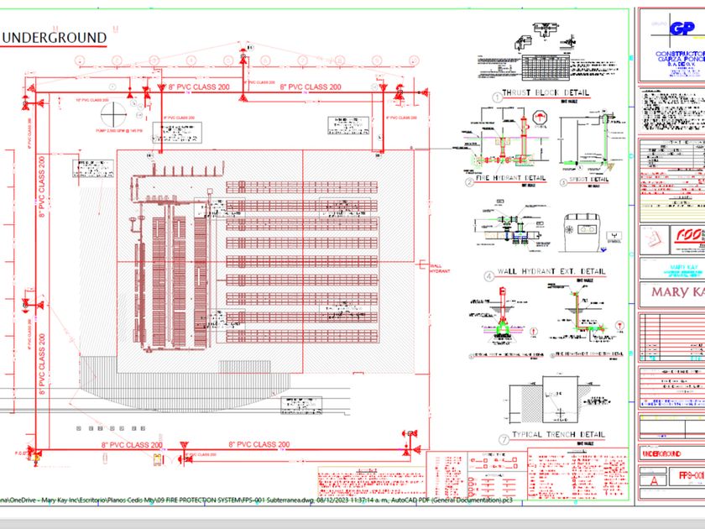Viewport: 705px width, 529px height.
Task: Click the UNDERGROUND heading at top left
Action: pyautogui.click(x=56, y=38)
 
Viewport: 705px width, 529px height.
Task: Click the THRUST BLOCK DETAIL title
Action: pyautogui.click(x=545, y=93)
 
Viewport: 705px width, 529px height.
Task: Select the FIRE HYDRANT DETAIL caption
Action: pyautogui.click(x=511, y=179)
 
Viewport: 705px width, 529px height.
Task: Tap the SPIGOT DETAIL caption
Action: pyautogui.click(x=588, y=179)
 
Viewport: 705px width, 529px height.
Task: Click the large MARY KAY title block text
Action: pyautogui.click(x=671, y=295)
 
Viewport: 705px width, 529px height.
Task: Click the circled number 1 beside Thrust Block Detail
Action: pyautogui.click(x=496, y=97)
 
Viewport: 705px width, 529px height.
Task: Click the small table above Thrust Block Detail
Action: pyautogui.click(x=545, y=65)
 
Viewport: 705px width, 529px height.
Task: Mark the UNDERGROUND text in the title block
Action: pyautogui.click(x=662, y=454)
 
